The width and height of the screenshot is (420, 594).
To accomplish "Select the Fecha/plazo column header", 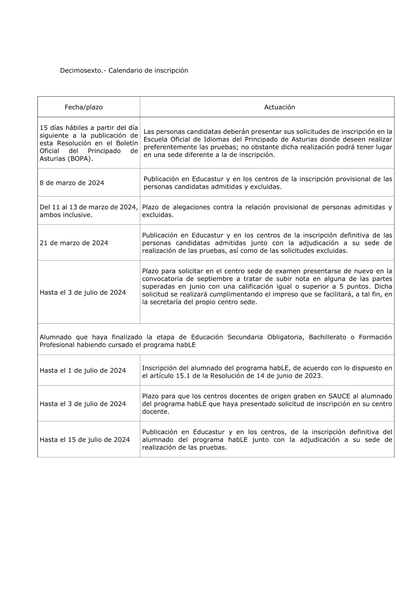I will point(84,107).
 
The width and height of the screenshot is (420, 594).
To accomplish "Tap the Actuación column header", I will point(279,107).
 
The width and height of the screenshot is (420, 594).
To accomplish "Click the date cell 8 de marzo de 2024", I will point(72,183).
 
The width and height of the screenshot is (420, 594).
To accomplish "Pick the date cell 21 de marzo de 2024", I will point(74,243).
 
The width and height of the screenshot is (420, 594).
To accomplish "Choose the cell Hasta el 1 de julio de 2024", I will point(83,371).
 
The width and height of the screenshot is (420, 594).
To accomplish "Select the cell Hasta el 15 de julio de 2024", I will point(84,440).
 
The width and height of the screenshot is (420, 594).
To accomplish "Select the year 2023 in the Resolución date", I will point(313,376).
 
